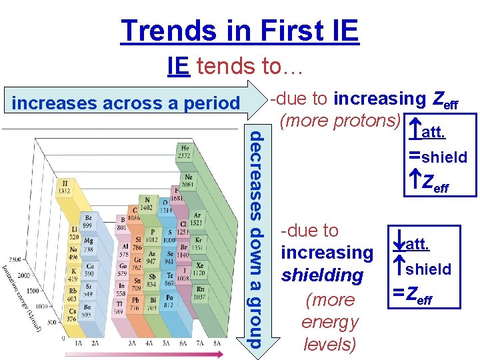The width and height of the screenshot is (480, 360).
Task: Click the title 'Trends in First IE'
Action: pos(239,31)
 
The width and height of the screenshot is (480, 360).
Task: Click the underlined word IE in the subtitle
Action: pos(178,66)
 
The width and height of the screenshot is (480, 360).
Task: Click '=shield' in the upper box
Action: pos(438,157)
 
